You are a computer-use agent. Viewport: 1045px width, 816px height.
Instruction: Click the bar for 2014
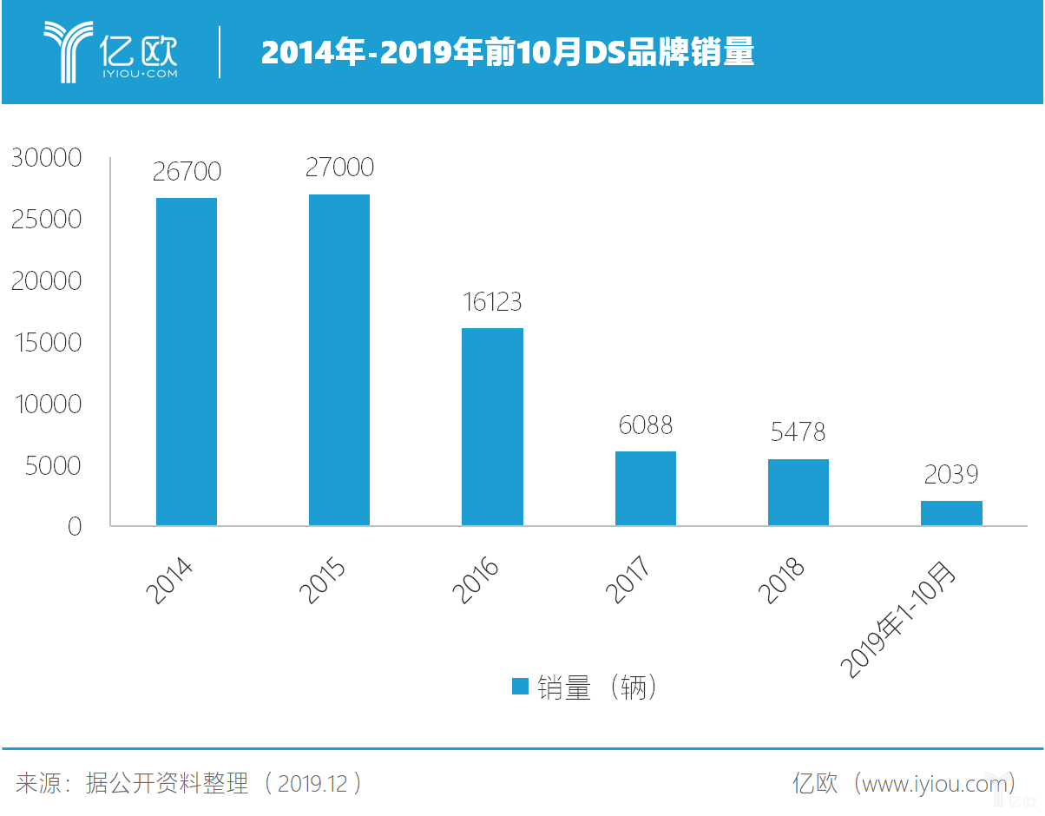(187, 361)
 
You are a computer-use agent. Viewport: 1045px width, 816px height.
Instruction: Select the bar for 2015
(339, 359)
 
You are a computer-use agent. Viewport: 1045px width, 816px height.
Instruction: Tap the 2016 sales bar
(492, 426)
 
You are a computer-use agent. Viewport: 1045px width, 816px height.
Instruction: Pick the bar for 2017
(646, 488)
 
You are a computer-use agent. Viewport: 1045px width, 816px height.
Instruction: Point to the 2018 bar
(799, 492)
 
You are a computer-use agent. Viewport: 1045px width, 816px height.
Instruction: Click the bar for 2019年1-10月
(951, 513)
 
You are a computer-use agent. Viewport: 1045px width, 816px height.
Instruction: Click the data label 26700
(187, 171)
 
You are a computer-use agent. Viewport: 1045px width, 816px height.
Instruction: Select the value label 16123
(492, 301)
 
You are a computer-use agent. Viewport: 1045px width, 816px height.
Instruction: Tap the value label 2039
(951, 474)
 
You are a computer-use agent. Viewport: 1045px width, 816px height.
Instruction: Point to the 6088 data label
(646, 424)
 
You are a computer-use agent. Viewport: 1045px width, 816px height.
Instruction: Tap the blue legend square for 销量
(520, 687)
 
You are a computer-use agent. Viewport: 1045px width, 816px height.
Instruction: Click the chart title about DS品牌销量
(508, 53)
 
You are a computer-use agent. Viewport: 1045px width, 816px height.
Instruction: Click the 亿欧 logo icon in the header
(68, 52)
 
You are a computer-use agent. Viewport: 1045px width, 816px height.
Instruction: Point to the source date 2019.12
(313, 784)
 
